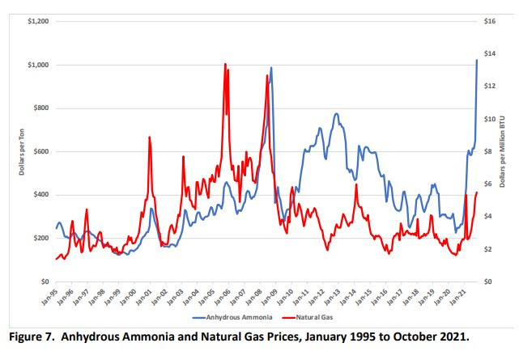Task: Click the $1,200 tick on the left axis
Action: coord(37,21)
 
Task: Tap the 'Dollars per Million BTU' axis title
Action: coord(508,151)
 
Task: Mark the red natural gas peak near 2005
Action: coord(225,64)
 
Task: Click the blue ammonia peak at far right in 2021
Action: coord(476,60)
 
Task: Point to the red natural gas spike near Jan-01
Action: coord(150,138)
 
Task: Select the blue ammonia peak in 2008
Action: coord(271,68)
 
